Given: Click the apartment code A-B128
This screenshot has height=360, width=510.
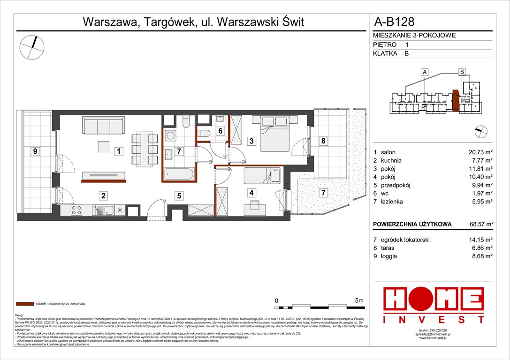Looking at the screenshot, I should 394,21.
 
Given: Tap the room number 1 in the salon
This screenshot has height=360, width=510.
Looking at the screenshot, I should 120,151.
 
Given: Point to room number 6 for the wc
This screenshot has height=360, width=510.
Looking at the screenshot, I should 220,132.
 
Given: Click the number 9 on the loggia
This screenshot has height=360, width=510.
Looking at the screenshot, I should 35,151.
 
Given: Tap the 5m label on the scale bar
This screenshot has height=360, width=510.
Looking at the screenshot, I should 360,300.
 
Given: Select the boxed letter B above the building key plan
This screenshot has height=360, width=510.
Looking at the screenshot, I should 462,72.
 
